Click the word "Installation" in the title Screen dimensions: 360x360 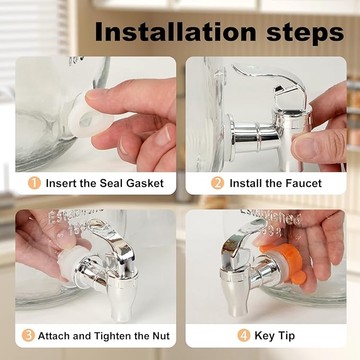175,32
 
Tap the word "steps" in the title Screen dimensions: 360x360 305,34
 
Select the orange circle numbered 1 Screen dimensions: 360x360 34,183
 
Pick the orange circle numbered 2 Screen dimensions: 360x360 217,183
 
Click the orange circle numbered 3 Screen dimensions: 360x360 28,335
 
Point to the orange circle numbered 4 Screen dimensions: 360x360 243,335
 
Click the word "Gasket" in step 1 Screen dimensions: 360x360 145,183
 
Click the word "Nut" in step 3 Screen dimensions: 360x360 161,336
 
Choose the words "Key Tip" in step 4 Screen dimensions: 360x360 275,336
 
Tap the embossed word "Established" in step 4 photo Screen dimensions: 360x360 271,217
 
